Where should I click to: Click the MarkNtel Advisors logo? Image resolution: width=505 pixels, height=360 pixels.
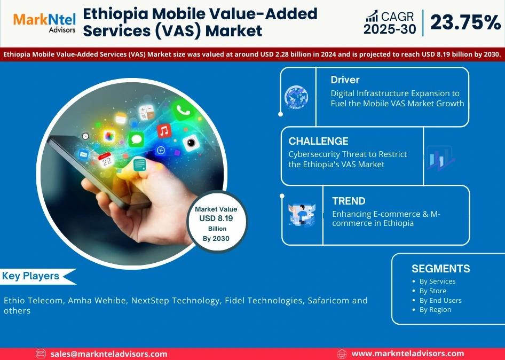44,22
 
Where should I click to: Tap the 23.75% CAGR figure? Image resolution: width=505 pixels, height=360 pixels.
465,22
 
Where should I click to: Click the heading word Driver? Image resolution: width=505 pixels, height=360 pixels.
345,80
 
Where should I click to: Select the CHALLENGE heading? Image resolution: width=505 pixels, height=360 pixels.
318,141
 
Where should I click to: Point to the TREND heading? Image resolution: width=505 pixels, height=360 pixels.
349,201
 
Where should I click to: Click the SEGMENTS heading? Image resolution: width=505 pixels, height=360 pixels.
440,269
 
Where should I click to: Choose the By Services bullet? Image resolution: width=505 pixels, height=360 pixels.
434,281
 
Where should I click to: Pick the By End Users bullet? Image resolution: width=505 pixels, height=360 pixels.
437,300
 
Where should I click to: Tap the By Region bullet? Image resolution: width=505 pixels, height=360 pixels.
432,310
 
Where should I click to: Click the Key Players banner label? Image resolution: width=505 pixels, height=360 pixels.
30,276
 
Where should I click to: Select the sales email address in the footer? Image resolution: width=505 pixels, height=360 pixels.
108,354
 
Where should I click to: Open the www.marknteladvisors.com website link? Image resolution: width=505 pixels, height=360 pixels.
407,354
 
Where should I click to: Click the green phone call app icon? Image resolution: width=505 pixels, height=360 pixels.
183,110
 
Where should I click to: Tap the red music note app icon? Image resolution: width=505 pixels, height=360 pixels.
164,131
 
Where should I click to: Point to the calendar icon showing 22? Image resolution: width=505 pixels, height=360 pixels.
106,160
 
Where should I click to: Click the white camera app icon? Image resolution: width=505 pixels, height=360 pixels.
191,143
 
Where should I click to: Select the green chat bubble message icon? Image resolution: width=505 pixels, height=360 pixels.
136,139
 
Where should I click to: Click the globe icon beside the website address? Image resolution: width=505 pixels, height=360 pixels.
342,354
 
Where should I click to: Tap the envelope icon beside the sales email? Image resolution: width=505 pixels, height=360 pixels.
41,354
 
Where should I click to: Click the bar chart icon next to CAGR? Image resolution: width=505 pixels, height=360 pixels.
372,16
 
